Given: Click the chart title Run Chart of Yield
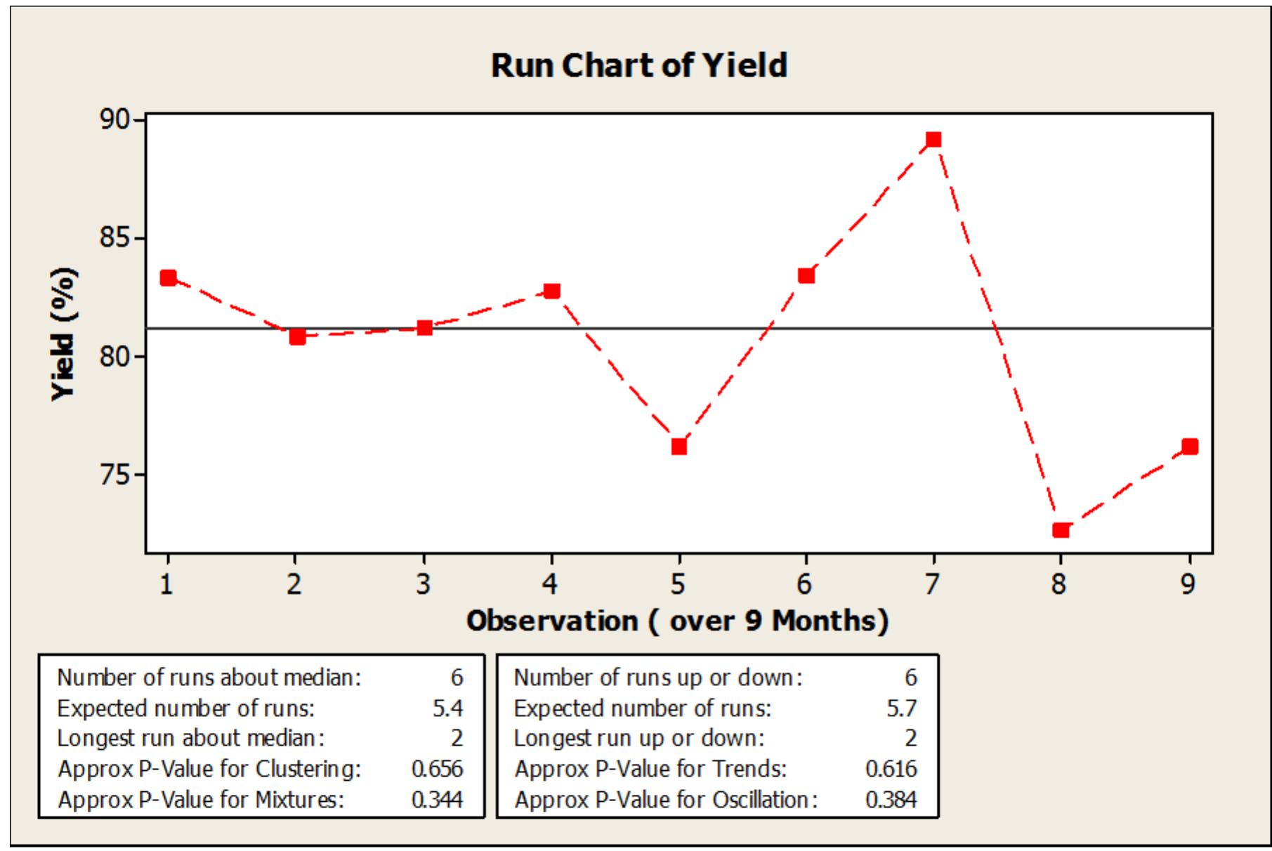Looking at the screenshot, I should tap(638, 65).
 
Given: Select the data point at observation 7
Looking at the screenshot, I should tap(933, 140).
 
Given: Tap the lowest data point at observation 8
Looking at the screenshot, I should tap(1061, 529).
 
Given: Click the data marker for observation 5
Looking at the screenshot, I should tap(678, 447).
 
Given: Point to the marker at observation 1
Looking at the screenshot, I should tap(168, 278).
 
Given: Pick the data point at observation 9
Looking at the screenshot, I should tap(1189, 447).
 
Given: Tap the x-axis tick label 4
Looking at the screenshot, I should tap(551, 583).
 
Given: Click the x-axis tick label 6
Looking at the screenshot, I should tap(806, 583).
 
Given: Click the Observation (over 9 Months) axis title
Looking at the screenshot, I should tap(677, 621).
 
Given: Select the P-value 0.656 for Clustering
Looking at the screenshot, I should tap(437, 769).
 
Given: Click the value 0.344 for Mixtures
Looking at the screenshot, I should tap(437, 800).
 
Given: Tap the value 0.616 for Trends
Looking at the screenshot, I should tap(891, 769).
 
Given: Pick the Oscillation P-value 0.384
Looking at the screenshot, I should tap(891, 800).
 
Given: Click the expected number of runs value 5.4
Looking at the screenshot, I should tap(447, 708).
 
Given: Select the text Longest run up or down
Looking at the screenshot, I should tap(638, 739).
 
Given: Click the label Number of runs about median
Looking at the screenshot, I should tap(209, 678).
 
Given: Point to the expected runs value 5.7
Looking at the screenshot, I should tap(901, 708).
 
